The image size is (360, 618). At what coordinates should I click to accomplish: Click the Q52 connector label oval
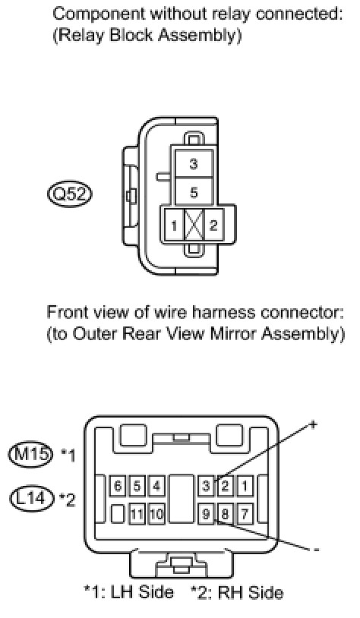coord(69,194)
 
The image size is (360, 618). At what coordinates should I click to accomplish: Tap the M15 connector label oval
coord(30,455)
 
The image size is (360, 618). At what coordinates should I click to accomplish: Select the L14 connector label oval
coord(31,499)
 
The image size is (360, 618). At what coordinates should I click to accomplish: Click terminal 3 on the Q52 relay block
coord(193,162)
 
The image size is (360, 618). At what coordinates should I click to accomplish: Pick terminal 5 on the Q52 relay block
coord(193,192)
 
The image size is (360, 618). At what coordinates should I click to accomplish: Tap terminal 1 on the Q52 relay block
coord(174,225)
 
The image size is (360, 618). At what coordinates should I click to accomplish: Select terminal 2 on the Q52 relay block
coord(213,225)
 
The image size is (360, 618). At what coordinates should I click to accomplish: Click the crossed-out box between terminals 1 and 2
coord(194,225)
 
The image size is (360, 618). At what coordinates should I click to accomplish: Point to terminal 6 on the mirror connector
coord(118,486)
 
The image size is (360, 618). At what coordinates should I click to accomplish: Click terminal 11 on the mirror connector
coord(137,514)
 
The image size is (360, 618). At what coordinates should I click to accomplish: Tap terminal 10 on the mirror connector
coord(156,514)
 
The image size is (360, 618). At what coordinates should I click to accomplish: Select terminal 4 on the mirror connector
coord(156,486)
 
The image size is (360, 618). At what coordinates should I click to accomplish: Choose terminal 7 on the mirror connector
coord(245,514)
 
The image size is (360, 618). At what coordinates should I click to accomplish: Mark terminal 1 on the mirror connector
coord(245,486)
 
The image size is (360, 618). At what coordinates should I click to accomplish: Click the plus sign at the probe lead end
coord(313,424)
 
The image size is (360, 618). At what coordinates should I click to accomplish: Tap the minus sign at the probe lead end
coord(316,549)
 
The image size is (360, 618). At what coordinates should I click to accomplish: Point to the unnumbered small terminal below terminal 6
coord(118,514)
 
